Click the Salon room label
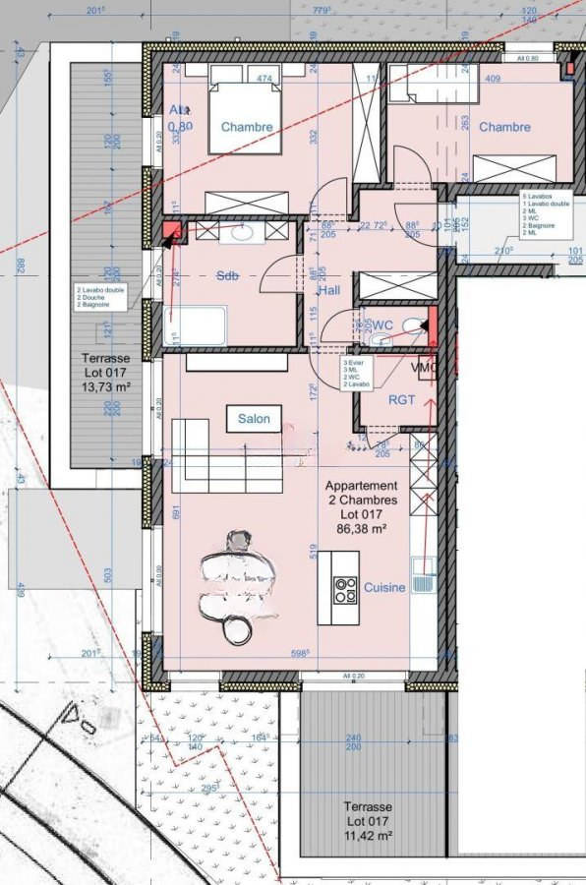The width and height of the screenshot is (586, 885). tap(254, 419)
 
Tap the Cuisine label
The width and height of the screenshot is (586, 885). tap(384, 588)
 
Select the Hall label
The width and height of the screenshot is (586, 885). tap(328, 291)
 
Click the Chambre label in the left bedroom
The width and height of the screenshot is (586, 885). tap(246, 127)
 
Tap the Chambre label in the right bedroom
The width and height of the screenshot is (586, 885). tap(504, 127)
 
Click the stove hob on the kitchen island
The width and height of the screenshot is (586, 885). tap(345, 589)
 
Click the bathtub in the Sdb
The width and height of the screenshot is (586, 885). tap(196, 325)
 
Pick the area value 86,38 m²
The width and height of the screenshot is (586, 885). tap(362, 528)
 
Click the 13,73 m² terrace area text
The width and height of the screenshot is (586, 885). tap(106, 387)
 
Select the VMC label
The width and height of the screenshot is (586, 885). tap(424, 368)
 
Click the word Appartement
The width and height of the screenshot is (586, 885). tap(362, 486)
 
